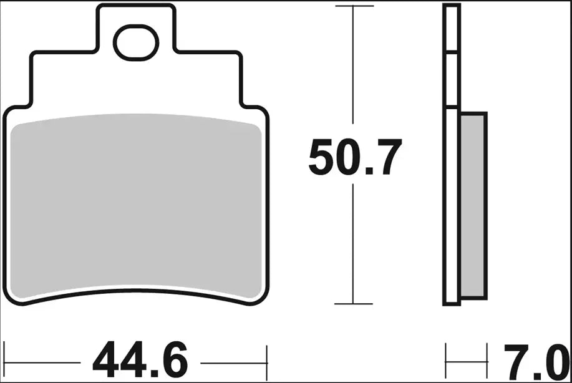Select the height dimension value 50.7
355,157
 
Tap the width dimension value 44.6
140,360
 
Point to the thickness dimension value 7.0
536,362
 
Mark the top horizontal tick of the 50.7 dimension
354,6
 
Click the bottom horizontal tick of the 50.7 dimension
354,304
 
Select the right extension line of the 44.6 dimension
267,362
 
